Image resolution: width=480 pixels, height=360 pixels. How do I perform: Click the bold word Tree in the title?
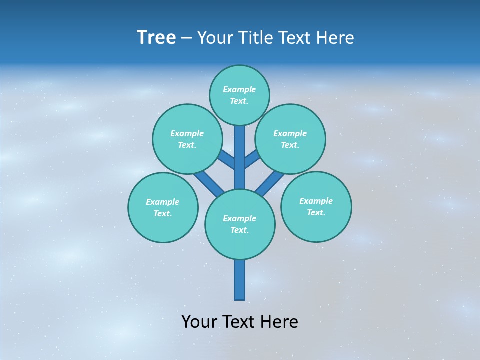(x=156, y=38)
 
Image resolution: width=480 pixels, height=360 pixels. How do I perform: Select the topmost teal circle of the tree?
(x=239, y=95)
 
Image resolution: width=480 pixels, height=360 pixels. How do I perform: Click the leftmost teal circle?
(x=163, y=208)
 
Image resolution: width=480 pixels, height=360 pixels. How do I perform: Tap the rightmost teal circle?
(x=316, y=207)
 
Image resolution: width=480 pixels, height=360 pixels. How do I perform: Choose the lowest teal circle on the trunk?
(x=240, y=224)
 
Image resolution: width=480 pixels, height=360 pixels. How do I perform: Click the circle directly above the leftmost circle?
(x=187, y=139)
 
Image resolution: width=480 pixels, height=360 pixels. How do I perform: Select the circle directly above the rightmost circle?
(x=290, y=139)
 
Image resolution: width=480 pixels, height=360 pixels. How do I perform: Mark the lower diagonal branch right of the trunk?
(x=270, y=183)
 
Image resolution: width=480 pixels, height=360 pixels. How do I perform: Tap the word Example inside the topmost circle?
(x=239, y=89)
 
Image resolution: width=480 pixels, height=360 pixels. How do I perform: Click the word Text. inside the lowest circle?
(x=239, y=230)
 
